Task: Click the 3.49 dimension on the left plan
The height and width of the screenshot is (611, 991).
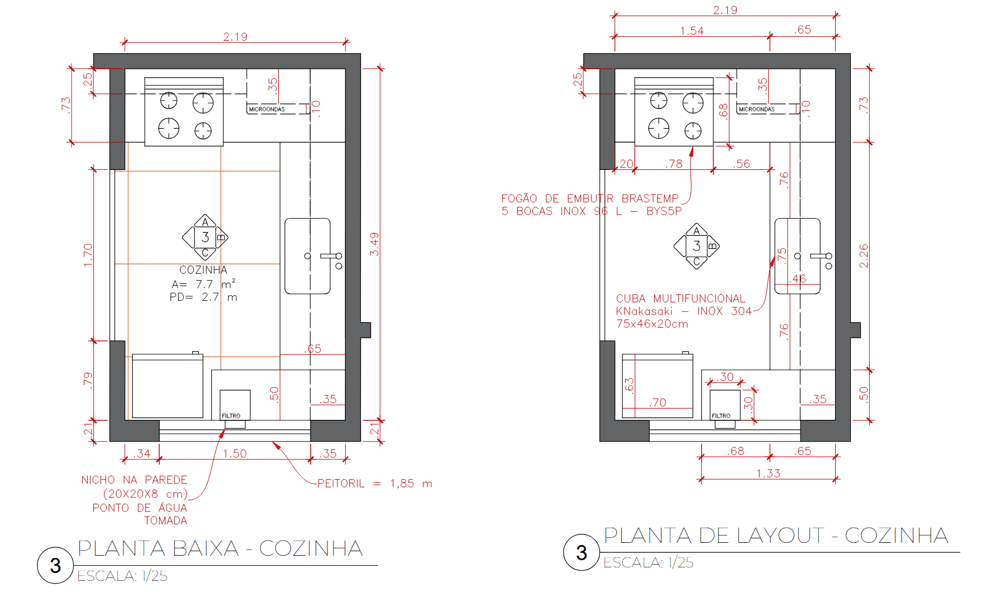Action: (374, 244)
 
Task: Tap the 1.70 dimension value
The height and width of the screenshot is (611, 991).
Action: (88, 255)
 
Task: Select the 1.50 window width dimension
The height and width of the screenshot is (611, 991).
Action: (235, 453)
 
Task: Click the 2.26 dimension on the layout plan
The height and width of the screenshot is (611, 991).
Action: (864, 255)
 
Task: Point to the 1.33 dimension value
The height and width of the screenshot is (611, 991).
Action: (768, 473)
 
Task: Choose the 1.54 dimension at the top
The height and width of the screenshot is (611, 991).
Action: (692, 31)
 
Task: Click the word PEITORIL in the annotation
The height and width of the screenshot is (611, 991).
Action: (341, 484)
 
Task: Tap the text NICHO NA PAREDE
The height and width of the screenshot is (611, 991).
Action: (134, 480)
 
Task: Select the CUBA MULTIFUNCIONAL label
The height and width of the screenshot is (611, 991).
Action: (680, 299)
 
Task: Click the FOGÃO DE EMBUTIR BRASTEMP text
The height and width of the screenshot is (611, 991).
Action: (590, 198)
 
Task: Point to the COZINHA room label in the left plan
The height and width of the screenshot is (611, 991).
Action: (203, 270)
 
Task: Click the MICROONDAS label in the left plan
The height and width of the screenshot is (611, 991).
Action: (267, 110)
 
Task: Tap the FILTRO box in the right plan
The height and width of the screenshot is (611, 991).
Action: (725, 405)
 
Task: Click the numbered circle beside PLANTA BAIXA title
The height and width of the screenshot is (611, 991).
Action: (55, 565)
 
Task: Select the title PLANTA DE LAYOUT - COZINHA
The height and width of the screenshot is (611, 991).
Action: (776, 536)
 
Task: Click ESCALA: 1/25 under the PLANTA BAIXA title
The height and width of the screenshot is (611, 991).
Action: (122, 576)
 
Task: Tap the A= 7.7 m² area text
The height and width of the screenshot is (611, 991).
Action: (203, 284)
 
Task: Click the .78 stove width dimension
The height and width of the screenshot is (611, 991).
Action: (674, 164)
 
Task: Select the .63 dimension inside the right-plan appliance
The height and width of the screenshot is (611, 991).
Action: (630, 386)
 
